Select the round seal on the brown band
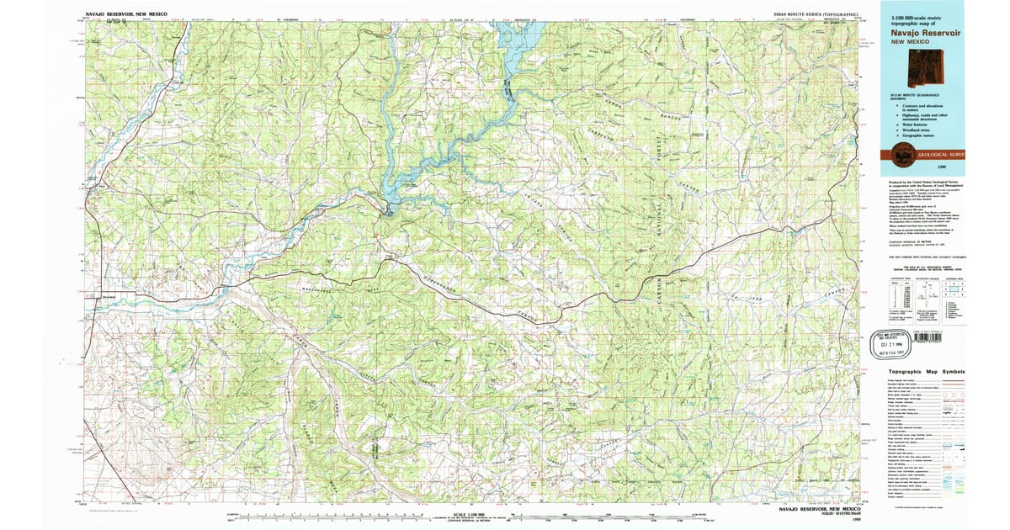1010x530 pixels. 904,154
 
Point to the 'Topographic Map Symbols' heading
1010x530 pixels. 921,371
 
